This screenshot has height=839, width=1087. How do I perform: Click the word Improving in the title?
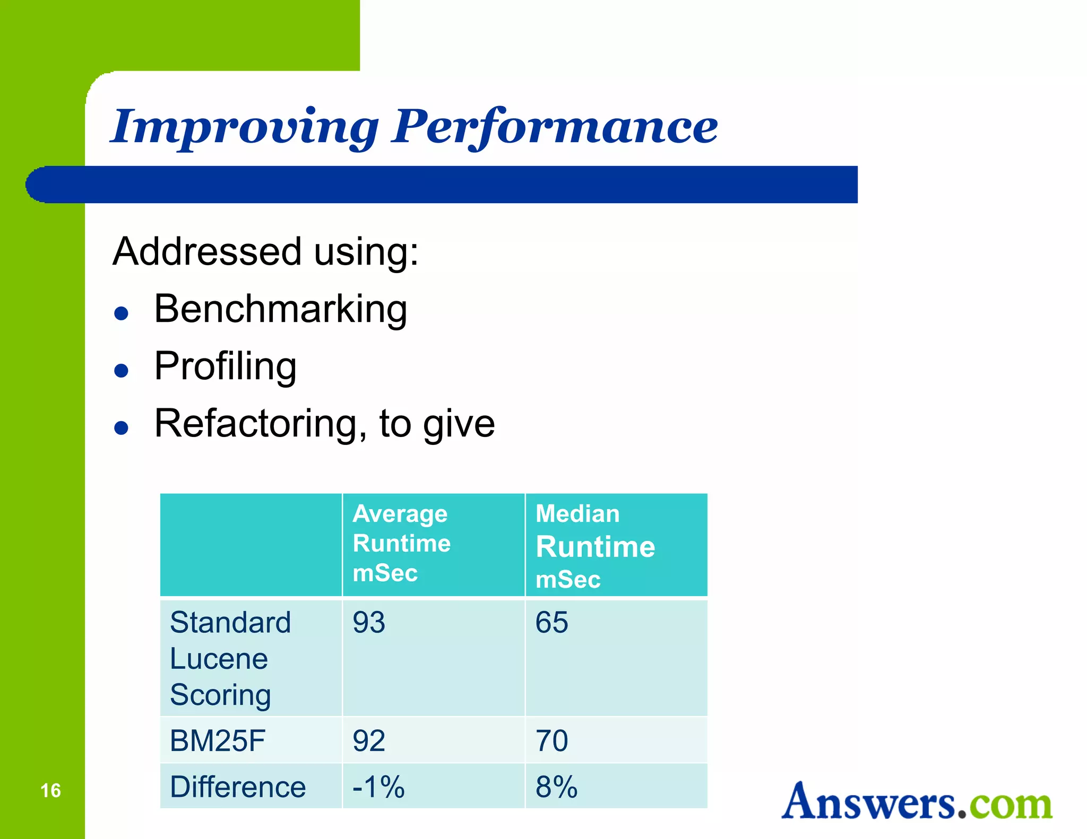click(244, 127)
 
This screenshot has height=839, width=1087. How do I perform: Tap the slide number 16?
click(50, 790)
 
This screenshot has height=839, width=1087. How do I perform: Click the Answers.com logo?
click(917, 802)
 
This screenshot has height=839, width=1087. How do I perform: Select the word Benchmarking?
click(280, 309)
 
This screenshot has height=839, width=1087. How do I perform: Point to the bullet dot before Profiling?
click(122, 370)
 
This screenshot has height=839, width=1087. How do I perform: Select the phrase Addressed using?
click(265, 251)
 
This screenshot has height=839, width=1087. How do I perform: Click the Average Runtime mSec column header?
click(401, 544)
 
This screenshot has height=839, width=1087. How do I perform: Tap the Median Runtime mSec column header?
click(595, 546)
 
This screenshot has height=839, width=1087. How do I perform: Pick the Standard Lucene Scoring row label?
click(230, 658)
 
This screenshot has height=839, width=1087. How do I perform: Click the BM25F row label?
click(218, 741)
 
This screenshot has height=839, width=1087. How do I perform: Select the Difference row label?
click(238, 787)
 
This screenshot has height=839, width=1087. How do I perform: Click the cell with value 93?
click(369, 623)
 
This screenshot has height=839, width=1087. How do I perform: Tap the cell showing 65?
click(551, 623)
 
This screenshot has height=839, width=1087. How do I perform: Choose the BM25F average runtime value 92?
click(369, 741)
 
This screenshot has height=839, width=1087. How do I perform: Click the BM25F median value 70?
click(551, 741)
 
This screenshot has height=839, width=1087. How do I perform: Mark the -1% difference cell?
click(378, 787)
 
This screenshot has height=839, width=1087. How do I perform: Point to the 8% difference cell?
click(556, 787)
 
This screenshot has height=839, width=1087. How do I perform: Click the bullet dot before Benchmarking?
click(122, 313)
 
